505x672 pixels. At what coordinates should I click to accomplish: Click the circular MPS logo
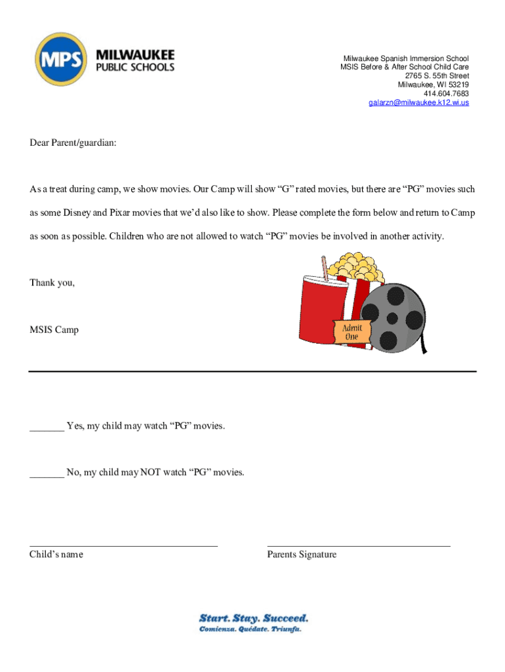61,60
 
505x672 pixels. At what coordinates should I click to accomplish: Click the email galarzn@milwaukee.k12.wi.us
418,103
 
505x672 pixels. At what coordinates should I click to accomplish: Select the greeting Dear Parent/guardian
73,142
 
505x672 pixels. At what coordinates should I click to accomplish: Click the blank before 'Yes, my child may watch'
47,427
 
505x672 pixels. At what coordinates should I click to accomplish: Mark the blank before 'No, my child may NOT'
47,473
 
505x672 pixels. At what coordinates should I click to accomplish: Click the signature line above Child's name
123,545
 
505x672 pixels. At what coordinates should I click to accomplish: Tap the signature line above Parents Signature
359,545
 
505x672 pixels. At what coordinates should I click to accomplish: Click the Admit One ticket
352,331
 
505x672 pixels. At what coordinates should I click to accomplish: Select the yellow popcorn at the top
357,266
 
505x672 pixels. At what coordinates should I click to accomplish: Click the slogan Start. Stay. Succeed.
253,618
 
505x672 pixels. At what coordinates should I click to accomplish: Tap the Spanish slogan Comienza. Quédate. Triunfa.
250,629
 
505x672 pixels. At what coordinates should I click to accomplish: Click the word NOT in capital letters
150,472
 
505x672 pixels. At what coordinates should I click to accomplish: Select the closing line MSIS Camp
54,330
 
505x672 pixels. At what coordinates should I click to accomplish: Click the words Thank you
52,283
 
